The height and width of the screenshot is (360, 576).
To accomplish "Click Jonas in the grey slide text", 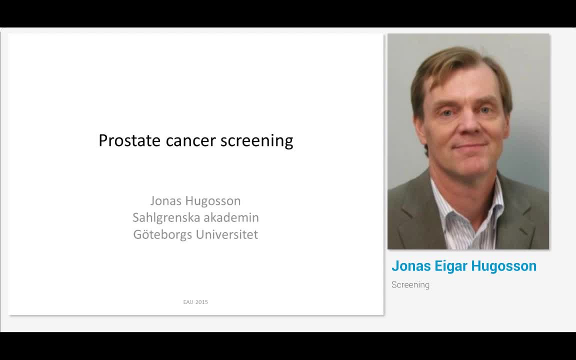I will (x=165, y=201).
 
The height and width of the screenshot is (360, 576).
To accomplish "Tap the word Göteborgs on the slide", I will (x=162, y=234).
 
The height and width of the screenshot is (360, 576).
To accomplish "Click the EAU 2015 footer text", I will (x=195, y=302).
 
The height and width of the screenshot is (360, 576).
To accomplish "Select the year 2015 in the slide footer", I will (x=201, y=302).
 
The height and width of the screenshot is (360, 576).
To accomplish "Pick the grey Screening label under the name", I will (x=410, y=285).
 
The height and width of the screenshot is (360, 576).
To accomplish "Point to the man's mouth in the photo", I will (x=470, y=146).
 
